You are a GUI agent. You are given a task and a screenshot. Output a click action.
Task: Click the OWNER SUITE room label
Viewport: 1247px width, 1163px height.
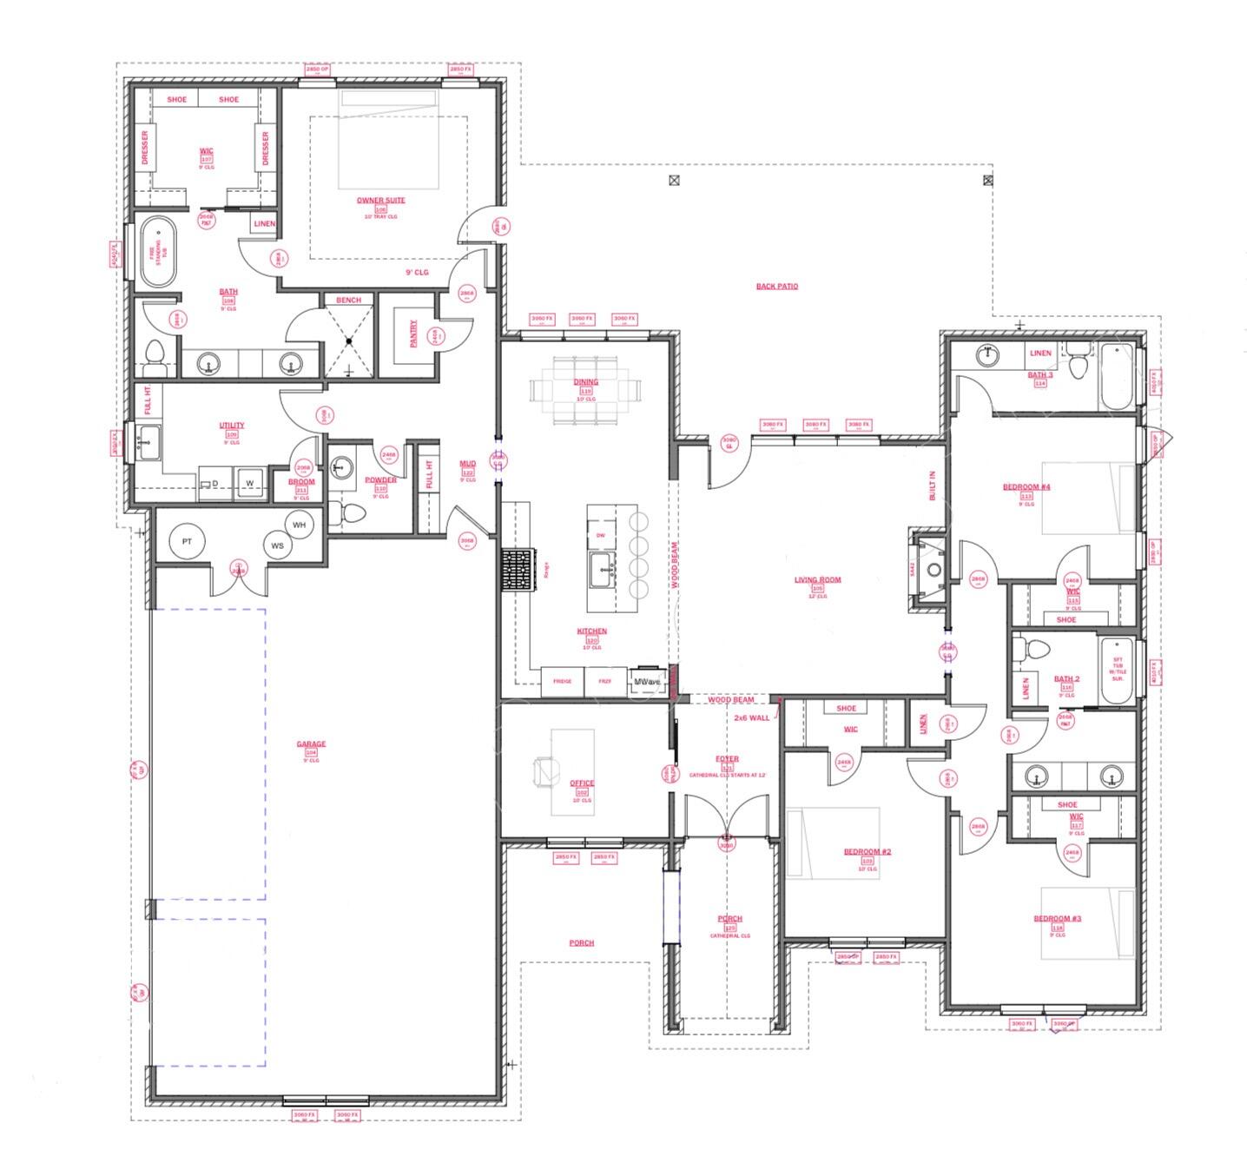(x=380, y=201)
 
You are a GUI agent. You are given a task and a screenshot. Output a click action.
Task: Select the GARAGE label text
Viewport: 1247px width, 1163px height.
(x=311, y=744)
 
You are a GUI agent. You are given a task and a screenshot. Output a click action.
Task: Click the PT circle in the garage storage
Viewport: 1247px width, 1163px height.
(x=187, y=541)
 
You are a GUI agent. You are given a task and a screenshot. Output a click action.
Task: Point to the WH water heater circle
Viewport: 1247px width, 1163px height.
(x=299, y=525)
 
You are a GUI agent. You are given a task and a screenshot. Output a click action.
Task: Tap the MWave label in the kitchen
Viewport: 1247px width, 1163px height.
(x=647, y=682)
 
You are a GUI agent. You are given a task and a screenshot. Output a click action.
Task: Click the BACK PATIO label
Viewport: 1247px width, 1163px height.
(x=776, y=286)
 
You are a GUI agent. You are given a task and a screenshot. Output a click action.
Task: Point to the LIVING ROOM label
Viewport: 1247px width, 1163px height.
(x=817, y=580)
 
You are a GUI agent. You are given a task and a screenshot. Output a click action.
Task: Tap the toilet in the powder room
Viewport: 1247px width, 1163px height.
(x=352, y=512)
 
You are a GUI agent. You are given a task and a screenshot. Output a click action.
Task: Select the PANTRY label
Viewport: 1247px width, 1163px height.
(x=413, y=334)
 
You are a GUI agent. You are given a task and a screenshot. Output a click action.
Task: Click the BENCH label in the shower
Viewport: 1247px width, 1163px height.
(x=348, y=301)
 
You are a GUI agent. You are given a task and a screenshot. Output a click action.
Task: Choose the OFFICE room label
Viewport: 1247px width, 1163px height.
(x=582, y=783)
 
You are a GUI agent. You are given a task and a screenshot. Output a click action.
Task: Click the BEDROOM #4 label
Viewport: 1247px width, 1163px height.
(x=1026, y=487)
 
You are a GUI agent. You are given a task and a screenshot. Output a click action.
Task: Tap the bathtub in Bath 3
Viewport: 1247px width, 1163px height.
(x=1117, y=378)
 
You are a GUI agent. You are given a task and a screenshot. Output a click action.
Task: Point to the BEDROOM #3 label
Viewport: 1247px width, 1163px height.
(x=1057, y=919)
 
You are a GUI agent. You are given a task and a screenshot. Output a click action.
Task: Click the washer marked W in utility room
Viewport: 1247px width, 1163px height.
(x=249, y=483)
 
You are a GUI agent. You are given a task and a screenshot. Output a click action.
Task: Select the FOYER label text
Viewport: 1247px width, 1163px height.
(x=727, y=759)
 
